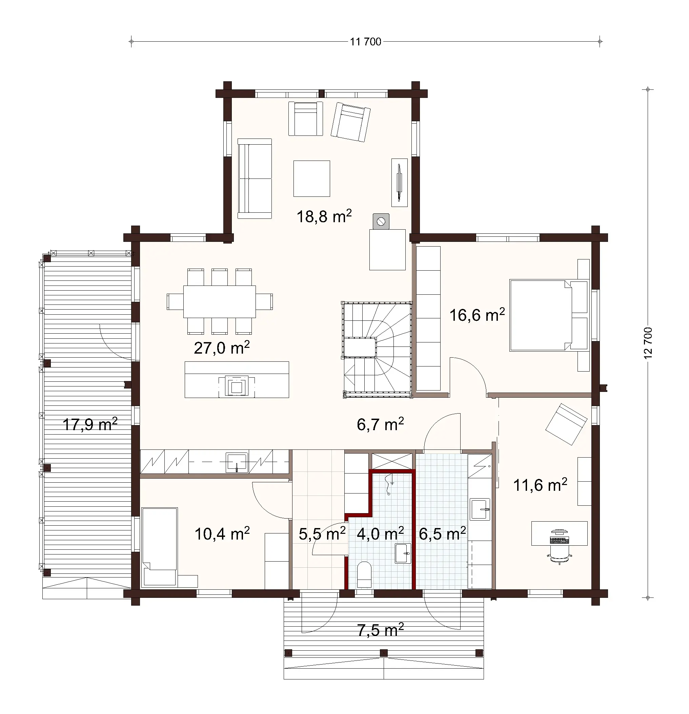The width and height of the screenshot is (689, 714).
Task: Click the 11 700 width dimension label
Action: point(366,42)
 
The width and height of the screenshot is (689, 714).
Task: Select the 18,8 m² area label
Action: point(324,216)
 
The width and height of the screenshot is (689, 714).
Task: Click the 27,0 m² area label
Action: point(222,348)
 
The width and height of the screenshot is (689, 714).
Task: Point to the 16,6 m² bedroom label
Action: point(477,315)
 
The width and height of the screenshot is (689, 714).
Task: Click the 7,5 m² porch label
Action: point(380,630)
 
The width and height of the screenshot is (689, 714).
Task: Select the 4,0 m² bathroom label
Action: point(380,534)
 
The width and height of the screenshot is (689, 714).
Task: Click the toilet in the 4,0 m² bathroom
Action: point(364,574)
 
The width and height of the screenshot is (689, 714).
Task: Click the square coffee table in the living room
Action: point(312,178)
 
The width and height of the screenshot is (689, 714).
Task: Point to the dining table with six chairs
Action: point(219,302)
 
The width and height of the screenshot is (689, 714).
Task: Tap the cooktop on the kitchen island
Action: point(237,386)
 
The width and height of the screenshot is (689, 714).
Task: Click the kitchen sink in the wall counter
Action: point(237,462)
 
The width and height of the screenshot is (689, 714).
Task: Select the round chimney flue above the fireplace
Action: point(381,221)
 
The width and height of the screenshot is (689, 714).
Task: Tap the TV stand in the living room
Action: point(399,182)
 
